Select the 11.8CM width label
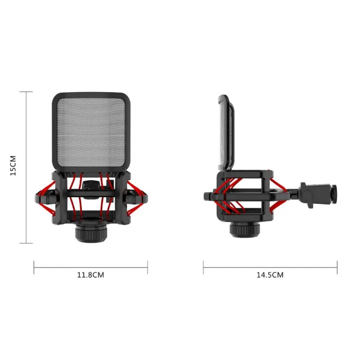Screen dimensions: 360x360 click(90, 274)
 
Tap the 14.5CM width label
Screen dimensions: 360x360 click(270, 274)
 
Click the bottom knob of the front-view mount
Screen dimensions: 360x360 click(90, 232)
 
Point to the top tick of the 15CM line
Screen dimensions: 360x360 click(26, 91)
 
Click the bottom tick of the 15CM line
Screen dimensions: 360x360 click(26, 243)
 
